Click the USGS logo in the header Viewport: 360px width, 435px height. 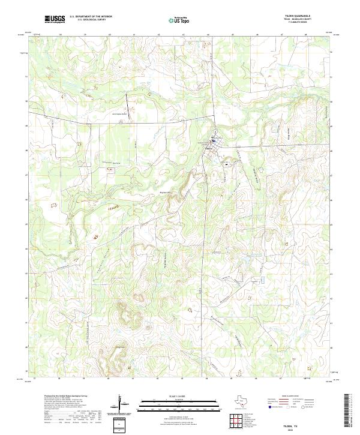(55, 19)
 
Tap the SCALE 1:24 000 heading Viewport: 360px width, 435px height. (170, 396)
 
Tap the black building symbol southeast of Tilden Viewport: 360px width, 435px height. (226, 163)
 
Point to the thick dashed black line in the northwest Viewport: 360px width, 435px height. (127, 103)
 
